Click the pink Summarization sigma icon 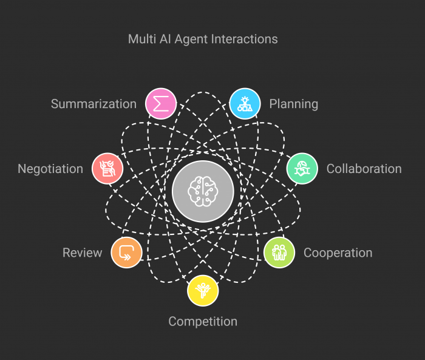click(x=161, y=104)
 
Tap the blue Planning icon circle click(x=245, y=104)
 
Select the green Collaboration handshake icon click(x=302, y=168)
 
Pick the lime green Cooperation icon click(x=279, y=253)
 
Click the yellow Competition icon click(x=203, y=290)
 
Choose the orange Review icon click(x=126, y=253)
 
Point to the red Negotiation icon click(x=107, y=168)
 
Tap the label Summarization click(x=93, y=104)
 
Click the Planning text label click(x=293, y=104)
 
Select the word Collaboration click(x=364, y=169)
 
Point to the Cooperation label click(x=338, y=253)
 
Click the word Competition click(x=203, y=321)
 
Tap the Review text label click(x=83, y=253)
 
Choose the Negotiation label click(x=50, y=169)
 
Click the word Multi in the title click(x=140, y=39)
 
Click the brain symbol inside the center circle click(x=203, y=191)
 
